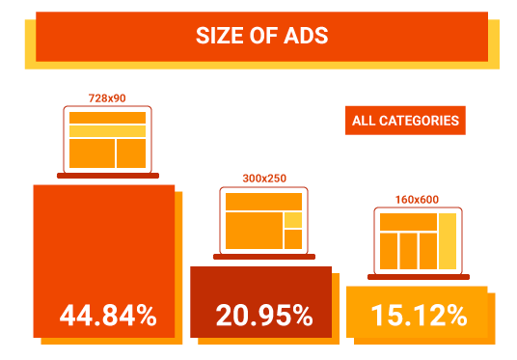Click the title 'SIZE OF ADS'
coord(262,37)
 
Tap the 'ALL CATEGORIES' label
coord(404,121)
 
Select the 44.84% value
coord(107,315)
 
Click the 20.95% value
coord(263,315)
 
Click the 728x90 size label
coord(106,97)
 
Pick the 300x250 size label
coord(263,179)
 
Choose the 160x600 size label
coord(417,200)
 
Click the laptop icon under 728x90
coord(107,141)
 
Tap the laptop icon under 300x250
coord(263,222)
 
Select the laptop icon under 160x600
coord(418,241)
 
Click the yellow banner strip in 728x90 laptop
coord(107,130)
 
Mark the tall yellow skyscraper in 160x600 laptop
coord(448,241)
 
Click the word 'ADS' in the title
coord(308,37)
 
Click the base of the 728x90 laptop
coord(107,176)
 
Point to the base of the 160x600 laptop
coord(418,277)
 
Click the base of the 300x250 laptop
coord(263,257)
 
